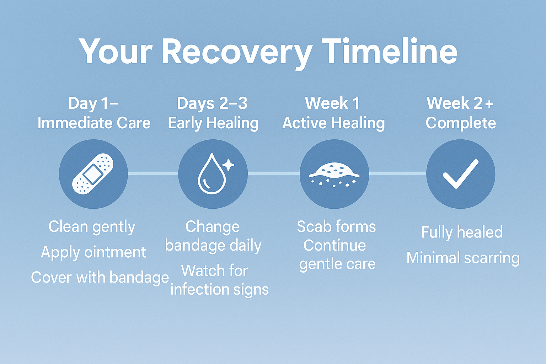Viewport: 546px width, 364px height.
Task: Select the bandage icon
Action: point(93,174)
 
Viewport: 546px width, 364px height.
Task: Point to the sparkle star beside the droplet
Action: point(229,165)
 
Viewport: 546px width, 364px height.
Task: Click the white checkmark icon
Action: point(460,173)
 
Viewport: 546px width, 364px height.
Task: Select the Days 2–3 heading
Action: point(212,103)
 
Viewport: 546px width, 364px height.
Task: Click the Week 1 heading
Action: point(332,103)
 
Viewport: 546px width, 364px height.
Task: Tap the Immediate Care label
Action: point(94,123)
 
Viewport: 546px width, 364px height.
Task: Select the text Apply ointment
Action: point(93,252)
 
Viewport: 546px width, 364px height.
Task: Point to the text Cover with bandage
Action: point(100,278)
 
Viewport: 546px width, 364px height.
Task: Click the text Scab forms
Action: point(336,227)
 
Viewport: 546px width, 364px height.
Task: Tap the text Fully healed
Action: point(462,232)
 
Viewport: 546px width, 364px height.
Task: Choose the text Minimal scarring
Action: point(463,258)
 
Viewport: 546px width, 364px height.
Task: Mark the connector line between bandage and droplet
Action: point(153,173)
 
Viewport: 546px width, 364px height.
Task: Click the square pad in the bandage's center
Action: point(93,174)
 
